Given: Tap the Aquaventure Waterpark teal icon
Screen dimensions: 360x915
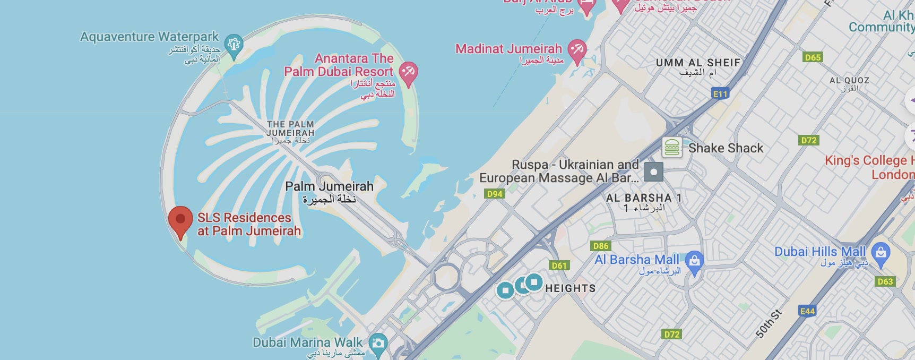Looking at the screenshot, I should pos(234,44).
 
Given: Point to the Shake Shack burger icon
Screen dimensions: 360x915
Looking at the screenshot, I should pos(672,148).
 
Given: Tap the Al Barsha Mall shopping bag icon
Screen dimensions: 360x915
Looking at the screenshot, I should pos(694,261).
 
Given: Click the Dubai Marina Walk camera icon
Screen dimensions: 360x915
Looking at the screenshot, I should pos(378,342).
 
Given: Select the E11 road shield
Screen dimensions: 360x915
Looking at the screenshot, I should pos(720,94).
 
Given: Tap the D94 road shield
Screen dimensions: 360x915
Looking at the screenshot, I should pos(495,194).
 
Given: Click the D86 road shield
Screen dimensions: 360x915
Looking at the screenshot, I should pos(601,246).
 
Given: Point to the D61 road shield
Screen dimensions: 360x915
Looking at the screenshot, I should pos(559,265).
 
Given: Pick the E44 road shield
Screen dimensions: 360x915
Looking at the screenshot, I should pos(807,311).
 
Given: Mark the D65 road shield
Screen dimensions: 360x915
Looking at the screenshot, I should pos(813,57).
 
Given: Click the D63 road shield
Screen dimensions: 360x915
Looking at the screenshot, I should pos(885,281).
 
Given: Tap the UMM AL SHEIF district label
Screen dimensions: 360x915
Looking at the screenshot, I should pos(698,63).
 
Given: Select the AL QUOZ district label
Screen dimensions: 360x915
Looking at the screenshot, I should pos(849,81).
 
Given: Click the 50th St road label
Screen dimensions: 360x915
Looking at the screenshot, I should pos(769,324).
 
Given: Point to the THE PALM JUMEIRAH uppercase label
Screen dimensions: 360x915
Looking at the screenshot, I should pos(290,128).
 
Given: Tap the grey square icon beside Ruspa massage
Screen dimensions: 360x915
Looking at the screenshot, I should pos(653,172).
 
